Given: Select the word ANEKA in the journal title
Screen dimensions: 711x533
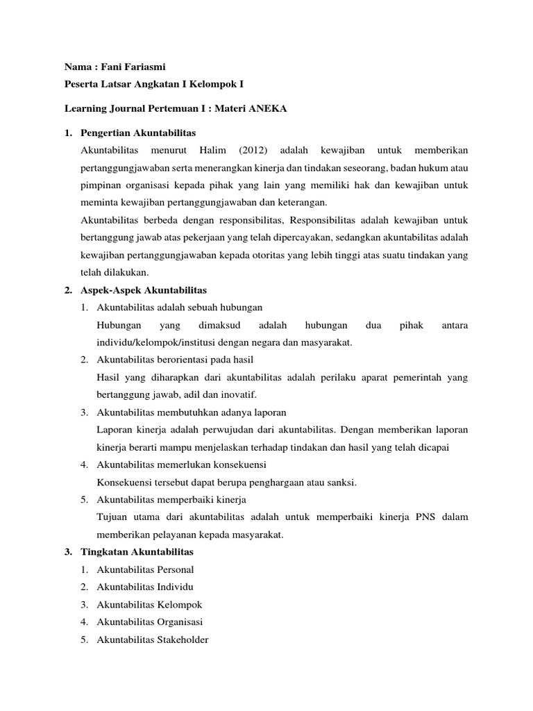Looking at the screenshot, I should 268,108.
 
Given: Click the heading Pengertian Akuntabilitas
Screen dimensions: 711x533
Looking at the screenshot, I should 138,132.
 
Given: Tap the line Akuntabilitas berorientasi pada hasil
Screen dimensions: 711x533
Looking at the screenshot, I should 176,360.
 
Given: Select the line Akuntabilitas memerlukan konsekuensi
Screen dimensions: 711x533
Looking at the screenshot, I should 182,465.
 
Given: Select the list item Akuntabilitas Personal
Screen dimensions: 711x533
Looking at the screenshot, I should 146,569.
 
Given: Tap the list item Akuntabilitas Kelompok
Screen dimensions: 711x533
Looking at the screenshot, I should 149,604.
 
